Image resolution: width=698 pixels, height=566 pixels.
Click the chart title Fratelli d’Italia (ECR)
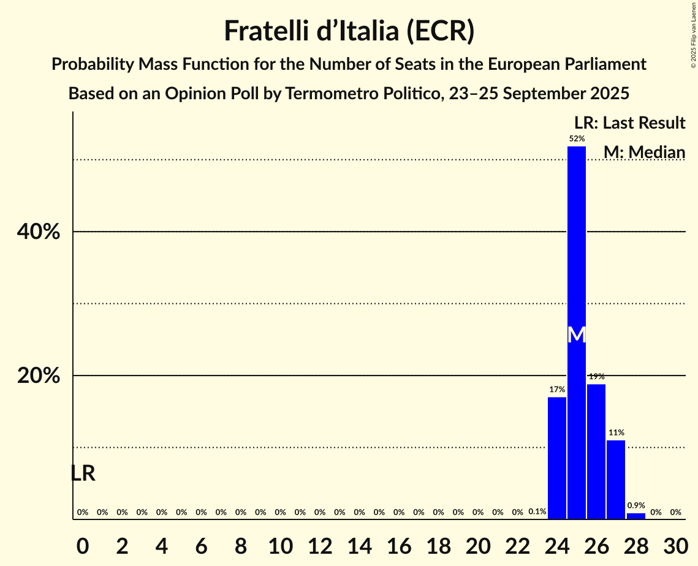click(x=349, y=31)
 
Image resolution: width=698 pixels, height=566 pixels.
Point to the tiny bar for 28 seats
click(x=635, y=516)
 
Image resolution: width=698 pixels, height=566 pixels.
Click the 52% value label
click(x=577, y=139)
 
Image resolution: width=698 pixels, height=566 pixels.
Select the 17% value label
click(x=557, y=390)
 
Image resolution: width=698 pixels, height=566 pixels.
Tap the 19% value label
click(x=596, y=377)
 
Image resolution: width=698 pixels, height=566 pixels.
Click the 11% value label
click(x=616, y=433)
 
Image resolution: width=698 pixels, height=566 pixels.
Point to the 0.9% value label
click(x=636, y=506)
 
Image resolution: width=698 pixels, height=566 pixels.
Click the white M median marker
click(x=577, y=334)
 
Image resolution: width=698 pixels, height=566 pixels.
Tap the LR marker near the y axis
click(x=83, y=474)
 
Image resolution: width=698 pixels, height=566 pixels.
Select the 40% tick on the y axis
click(x=39, y=232)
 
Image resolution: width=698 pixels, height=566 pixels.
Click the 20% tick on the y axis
click(x=39, y=375)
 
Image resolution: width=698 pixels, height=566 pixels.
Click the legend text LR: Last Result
click(x=629, y=123)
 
